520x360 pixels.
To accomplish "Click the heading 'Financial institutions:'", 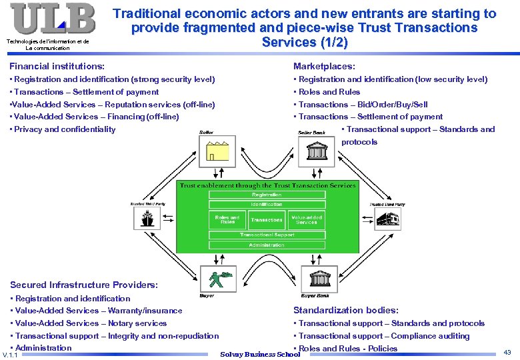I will (57, 66).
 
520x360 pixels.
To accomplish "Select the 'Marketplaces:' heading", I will (324, 66).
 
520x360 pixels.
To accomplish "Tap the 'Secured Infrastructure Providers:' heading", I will (84, 285).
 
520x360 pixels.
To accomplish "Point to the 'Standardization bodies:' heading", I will (346, 310).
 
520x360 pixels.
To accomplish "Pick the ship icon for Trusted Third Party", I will (147, 218).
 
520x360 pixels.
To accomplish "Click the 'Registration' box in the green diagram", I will (266, 195).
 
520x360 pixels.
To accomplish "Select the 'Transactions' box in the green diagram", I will (266, 219).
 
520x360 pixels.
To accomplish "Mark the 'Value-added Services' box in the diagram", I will (307, 219).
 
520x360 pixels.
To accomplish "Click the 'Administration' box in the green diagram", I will (266, 245).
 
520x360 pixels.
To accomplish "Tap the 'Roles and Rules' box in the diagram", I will (227, 219).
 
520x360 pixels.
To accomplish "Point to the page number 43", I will (507, 351).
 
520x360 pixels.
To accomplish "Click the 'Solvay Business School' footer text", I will (260, 354).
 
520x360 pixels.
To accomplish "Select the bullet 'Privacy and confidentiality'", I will (65, 129).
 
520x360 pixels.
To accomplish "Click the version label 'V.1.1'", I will (11, 355).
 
